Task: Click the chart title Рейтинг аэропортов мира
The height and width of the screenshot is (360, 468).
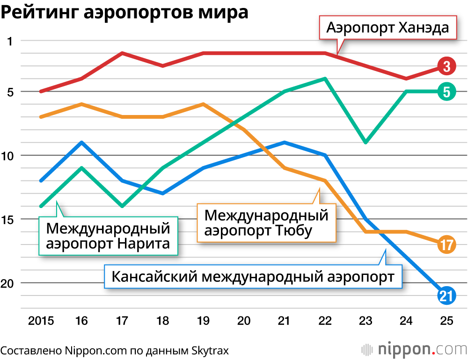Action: coord(124,12)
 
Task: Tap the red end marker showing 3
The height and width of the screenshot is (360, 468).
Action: coord(446,66)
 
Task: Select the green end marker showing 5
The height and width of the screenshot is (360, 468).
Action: coord(446,92)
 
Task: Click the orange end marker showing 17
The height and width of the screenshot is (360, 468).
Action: coord(446,245)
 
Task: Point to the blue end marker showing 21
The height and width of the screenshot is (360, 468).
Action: coord(446,295)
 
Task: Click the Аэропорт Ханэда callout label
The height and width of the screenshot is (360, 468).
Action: coord(388,28)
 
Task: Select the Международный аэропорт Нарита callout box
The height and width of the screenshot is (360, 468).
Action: coord(108,236)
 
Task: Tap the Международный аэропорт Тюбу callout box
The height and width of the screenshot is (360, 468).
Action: coord(266,223)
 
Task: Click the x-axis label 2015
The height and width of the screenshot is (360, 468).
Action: coord(41,321)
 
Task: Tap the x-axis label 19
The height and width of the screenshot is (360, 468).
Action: coord(203,321)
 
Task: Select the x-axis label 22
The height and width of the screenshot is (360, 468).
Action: coord(325,321)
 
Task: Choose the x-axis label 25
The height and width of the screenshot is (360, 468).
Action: coord(446,321)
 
